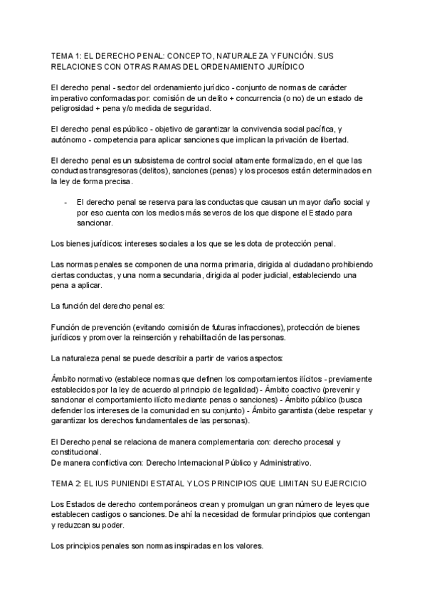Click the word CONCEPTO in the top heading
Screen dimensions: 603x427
[188, 55]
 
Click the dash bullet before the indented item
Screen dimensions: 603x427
[66, 202]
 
